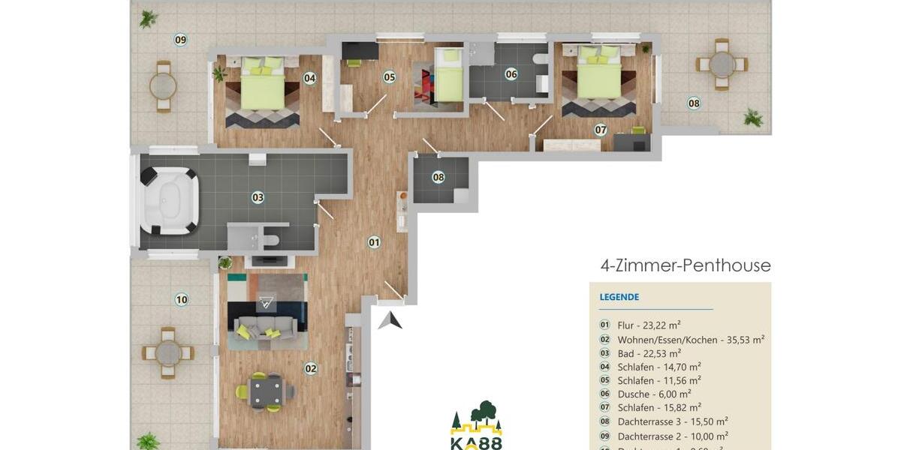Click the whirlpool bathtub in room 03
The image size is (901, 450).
point(170,199)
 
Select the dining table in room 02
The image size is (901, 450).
point(266,391)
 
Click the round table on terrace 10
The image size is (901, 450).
point(168,352)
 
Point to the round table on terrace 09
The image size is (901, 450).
point(163,86)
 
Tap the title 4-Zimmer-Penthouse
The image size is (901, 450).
point(685,265)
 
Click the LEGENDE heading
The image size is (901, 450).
point(619,297)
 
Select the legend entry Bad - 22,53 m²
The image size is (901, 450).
point(649,353)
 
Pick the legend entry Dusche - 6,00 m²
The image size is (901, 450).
point(654,394)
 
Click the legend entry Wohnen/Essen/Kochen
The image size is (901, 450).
point(690,340)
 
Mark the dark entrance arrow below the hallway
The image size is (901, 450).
point(390,321)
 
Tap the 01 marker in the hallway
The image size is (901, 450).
point(374,242)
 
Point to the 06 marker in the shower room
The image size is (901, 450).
point(511,74)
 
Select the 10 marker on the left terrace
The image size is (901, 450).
point(181,300)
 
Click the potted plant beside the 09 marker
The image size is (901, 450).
point(148,19)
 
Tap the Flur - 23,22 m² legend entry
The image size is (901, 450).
point(649,325)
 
